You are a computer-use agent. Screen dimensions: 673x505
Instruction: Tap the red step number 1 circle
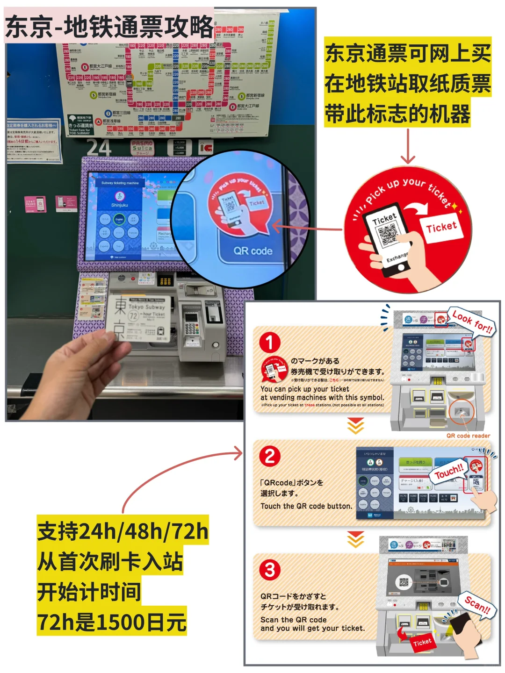(270, 343)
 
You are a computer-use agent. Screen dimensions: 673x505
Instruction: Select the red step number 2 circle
(270, 456)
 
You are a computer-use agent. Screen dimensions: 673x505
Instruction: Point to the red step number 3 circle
(270, 570)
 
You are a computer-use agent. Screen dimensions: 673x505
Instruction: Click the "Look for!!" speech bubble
(472, 321)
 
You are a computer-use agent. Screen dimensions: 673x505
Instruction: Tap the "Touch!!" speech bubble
(449, 472)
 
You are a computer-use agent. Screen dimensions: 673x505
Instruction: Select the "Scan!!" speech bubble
(477, 606)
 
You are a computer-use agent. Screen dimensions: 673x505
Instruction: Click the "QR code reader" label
(468, 436)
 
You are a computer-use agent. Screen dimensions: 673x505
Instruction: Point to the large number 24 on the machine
(99, 148)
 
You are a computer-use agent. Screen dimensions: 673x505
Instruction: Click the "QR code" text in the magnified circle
(253, 251)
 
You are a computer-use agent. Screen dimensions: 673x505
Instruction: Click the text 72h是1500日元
(112, 622)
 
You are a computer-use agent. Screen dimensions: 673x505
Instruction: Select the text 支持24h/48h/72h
(123, 531)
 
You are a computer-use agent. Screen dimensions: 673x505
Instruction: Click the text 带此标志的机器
(397, 114)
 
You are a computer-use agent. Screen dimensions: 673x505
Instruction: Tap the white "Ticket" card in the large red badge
(441, 228)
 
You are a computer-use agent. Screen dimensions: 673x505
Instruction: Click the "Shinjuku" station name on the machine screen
(119, 205)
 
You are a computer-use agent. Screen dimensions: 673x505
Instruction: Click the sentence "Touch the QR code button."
(306, 506)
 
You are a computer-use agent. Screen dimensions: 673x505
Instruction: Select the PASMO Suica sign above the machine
(142, 147)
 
